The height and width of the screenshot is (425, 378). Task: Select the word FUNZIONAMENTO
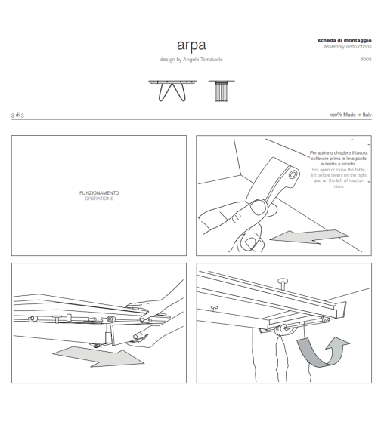click(99, 192)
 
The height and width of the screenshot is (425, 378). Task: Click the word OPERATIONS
click(99, 198)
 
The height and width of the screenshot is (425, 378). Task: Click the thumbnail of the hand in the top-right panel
click(256, 223)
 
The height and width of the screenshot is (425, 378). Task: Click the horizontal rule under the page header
click(188, 119)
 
